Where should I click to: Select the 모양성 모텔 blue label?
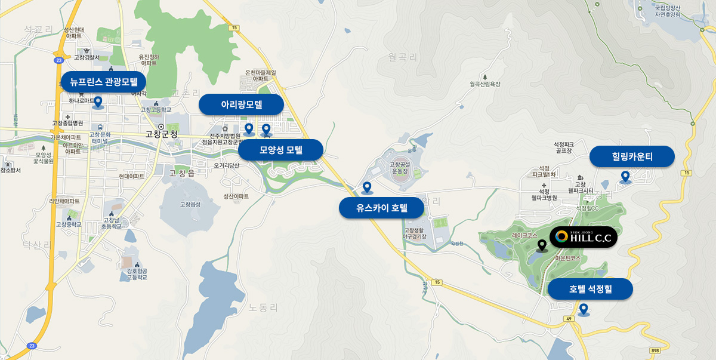point(280,150)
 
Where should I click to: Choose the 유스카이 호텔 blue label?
point(381,208)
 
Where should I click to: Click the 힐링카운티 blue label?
point(632,157)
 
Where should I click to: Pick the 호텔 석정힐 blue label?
point(590,290)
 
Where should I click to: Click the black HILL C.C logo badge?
point(583,237)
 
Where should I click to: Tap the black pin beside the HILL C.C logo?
point(542,245)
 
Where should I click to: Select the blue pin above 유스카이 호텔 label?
point(367,187)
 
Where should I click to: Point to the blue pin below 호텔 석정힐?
point(584,309)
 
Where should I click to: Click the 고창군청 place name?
point(161,134)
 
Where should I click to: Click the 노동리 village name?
point(264,308)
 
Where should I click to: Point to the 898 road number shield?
point(656,350)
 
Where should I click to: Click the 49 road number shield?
point(569,319)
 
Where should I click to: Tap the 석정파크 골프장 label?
point(563,147)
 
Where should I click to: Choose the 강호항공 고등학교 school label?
point(137,274)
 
